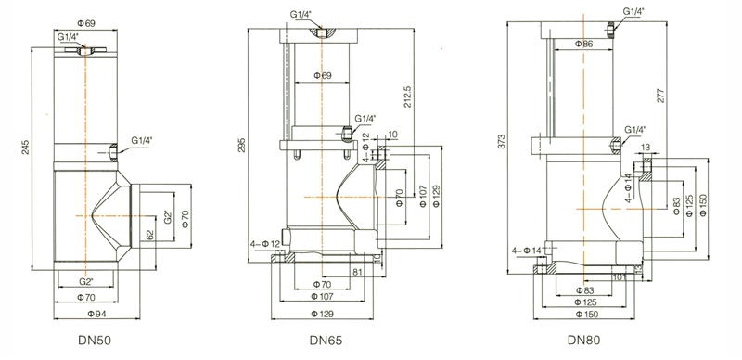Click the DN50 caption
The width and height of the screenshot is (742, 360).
[95, 341]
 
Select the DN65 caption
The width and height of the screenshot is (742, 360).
[326, 341]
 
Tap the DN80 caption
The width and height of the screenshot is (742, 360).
[584, 341]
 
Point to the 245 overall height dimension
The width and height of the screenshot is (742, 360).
[26, 147]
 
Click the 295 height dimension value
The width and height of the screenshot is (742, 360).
[242, 146]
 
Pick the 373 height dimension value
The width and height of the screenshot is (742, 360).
[502, 142]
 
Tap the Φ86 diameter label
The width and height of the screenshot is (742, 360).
[583, 44]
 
